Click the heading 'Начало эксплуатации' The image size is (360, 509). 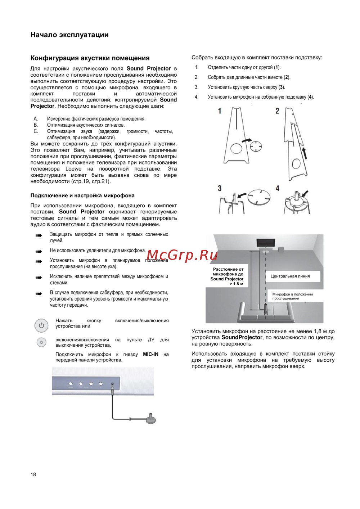[69, 35]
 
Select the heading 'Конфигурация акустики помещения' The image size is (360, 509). [90, 58]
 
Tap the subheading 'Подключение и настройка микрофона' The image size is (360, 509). [82, 195]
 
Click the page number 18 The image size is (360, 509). [33, 474]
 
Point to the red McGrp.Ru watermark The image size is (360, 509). [182, 255]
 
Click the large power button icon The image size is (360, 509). [41, 325]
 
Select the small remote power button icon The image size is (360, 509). [41, 342]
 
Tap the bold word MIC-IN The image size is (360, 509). [150, 354]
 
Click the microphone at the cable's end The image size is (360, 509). [151, 418]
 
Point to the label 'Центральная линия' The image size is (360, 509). [290, 276]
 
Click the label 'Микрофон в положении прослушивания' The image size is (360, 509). [292, 296]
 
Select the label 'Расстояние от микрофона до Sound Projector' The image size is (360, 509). [228, 276]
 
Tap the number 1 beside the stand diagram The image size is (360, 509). [220, 111]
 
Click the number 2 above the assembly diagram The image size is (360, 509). [277, 111]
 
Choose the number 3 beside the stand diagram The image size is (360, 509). [220, 188]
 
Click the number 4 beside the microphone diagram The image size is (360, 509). [277, 188]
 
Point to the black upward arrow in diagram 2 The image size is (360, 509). [305, 153]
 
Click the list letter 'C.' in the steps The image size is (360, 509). [36, 131]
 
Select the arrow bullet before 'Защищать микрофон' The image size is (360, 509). [39, 235]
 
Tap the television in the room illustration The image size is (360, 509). [266, 243]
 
